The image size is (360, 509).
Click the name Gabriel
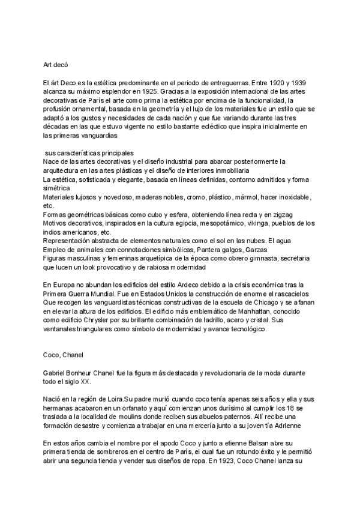pyautogui.click(x=58, y=373)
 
